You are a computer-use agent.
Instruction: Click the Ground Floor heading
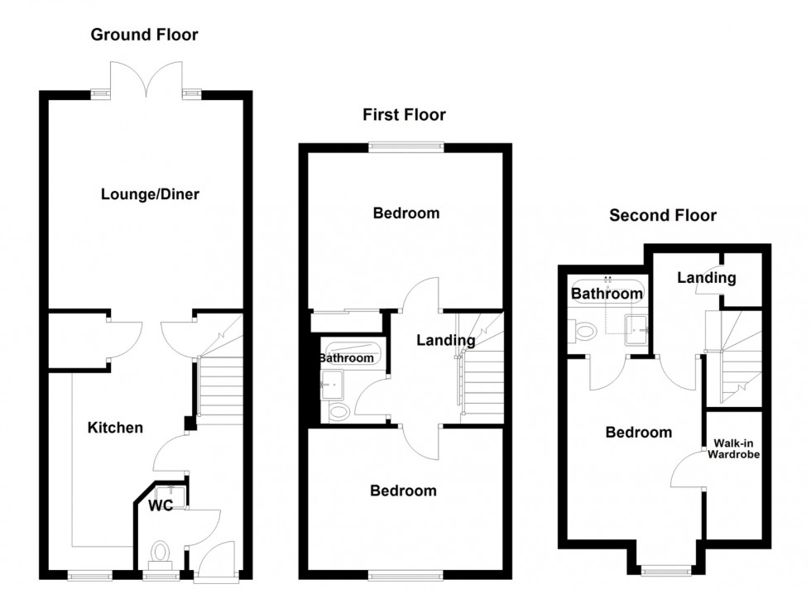click(x=144, y=34)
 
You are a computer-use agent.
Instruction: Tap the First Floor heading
click(x=404, y=115)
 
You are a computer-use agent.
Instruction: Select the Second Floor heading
click(x=663, y=216)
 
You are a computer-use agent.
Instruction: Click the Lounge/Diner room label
click(x=150, y=194)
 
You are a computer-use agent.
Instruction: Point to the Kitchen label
click(x=116, y=428)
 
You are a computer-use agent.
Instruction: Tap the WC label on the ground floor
click(x=161, y=505)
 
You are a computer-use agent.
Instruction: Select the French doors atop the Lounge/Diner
click(x=146, y=83)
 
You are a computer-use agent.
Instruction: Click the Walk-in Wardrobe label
click(x=732, y=448)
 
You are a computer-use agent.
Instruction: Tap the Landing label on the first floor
click(x=445, y=339)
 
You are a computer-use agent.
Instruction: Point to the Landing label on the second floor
click(x=706, y=278)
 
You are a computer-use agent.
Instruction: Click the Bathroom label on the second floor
click(x=607, y=293)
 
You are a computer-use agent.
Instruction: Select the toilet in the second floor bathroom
click(x=584, y=332)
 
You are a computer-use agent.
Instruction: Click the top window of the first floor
click(x=405, y=147)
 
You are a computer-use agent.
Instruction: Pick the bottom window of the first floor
click(x=405, y=573)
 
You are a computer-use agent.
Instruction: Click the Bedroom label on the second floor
click(x=638, y=432)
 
